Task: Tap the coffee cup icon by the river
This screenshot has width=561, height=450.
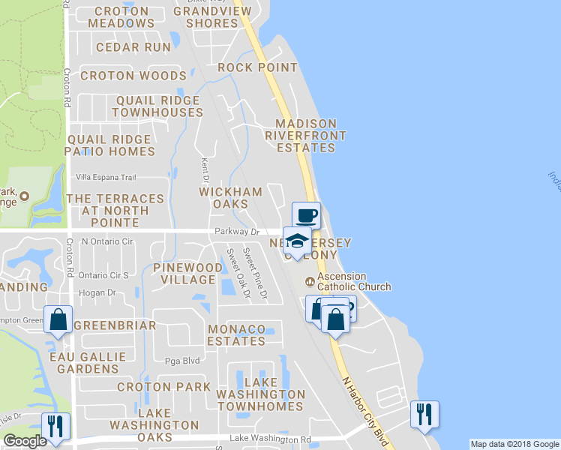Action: coord(306,215)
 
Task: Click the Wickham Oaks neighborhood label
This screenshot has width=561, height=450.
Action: coord(230,198)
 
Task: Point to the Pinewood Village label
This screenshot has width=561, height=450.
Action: coord(187,274)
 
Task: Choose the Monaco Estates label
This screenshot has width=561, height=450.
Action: coord(236,335)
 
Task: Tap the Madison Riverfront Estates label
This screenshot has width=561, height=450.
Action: coord(305,136)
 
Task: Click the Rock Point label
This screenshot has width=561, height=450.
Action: coord(258,67)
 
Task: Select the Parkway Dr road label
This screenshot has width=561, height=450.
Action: coord(236,232)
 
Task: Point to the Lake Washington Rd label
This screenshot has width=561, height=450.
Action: coord(270,439)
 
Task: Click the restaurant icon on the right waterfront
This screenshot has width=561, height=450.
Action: coord(424,413)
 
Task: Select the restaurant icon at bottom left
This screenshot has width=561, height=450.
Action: coord(55,425)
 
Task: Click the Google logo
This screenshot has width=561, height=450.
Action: coord(25,441)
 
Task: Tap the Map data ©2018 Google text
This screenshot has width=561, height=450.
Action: coord(514,444)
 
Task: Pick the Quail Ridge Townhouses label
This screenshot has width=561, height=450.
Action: coord(157,106)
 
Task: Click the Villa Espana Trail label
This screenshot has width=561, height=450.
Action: coord(106,178)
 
